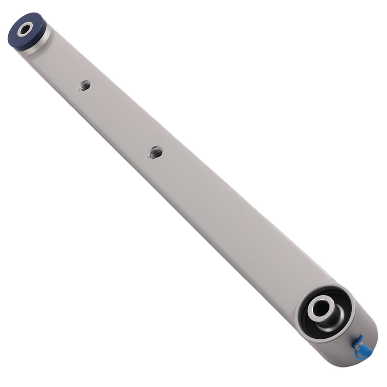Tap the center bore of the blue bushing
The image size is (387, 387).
tap(25, 29)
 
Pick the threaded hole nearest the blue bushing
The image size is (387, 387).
tap(85, 86)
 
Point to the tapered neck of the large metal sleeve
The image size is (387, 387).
tap(333, 321)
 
